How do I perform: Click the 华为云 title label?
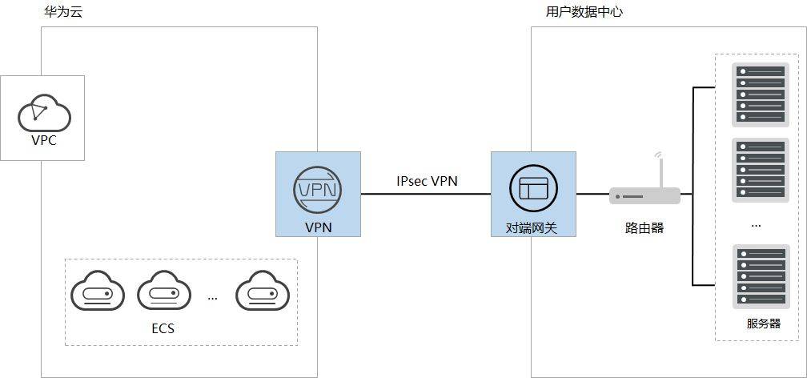(63, 12)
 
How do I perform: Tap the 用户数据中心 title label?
(584, 12)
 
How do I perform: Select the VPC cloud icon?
(44, 113)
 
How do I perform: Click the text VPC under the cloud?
(44, 140)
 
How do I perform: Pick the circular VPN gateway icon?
(318, 190)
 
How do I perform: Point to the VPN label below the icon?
(318, 227)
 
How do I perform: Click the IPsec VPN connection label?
(428, 181)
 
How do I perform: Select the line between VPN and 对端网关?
(426, 194)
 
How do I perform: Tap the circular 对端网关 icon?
(533, 190)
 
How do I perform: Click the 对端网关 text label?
(532, 227)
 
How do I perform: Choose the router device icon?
(645, 195)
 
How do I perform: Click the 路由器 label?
(644, 228)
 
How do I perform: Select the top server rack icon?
(761, 94)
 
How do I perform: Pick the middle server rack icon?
(761, 170)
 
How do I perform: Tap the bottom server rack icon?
(761, 276)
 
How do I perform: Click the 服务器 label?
(764, 324)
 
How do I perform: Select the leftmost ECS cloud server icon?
(98, 292)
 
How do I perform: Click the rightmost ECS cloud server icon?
(263, 292)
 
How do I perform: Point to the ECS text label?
(163, 328)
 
